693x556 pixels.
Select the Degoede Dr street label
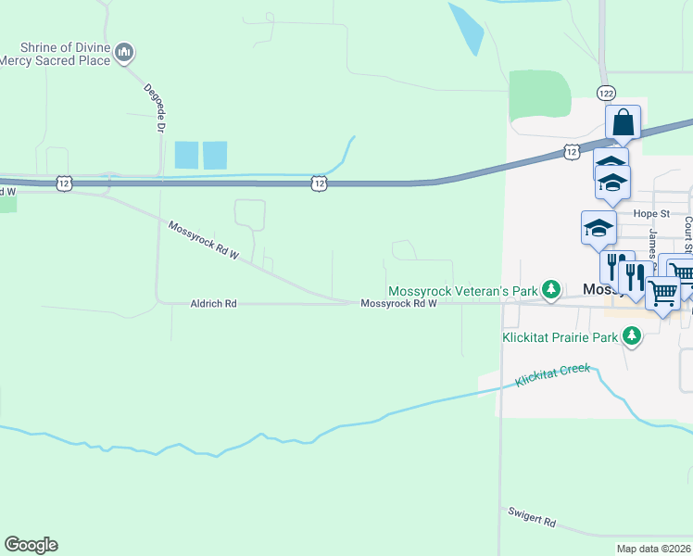(153, 108)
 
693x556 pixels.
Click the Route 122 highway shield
(606, 94)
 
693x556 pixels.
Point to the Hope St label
(650, 213)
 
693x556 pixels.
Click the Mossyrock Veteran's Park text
(462, 291)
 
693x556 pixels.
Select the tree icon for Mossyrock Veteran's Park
(551, 290)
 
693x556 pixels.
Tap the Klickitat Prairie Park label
(560, 337)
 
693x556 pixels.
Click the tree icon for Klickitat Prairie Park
(632, 337)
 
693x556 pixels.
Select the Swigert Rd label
(532, 517)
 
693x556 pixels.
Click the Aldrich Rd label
(214, 303)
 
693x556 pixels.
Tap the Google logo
(31, 545)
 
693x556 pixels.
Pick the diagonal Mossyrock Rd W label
(204, 240)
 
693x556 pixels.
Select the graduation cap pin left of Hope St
(598, 228)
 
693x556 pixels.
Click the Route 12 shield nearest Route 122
(571, 151)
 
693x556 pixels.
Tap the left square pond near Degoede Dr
(186, 155)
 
